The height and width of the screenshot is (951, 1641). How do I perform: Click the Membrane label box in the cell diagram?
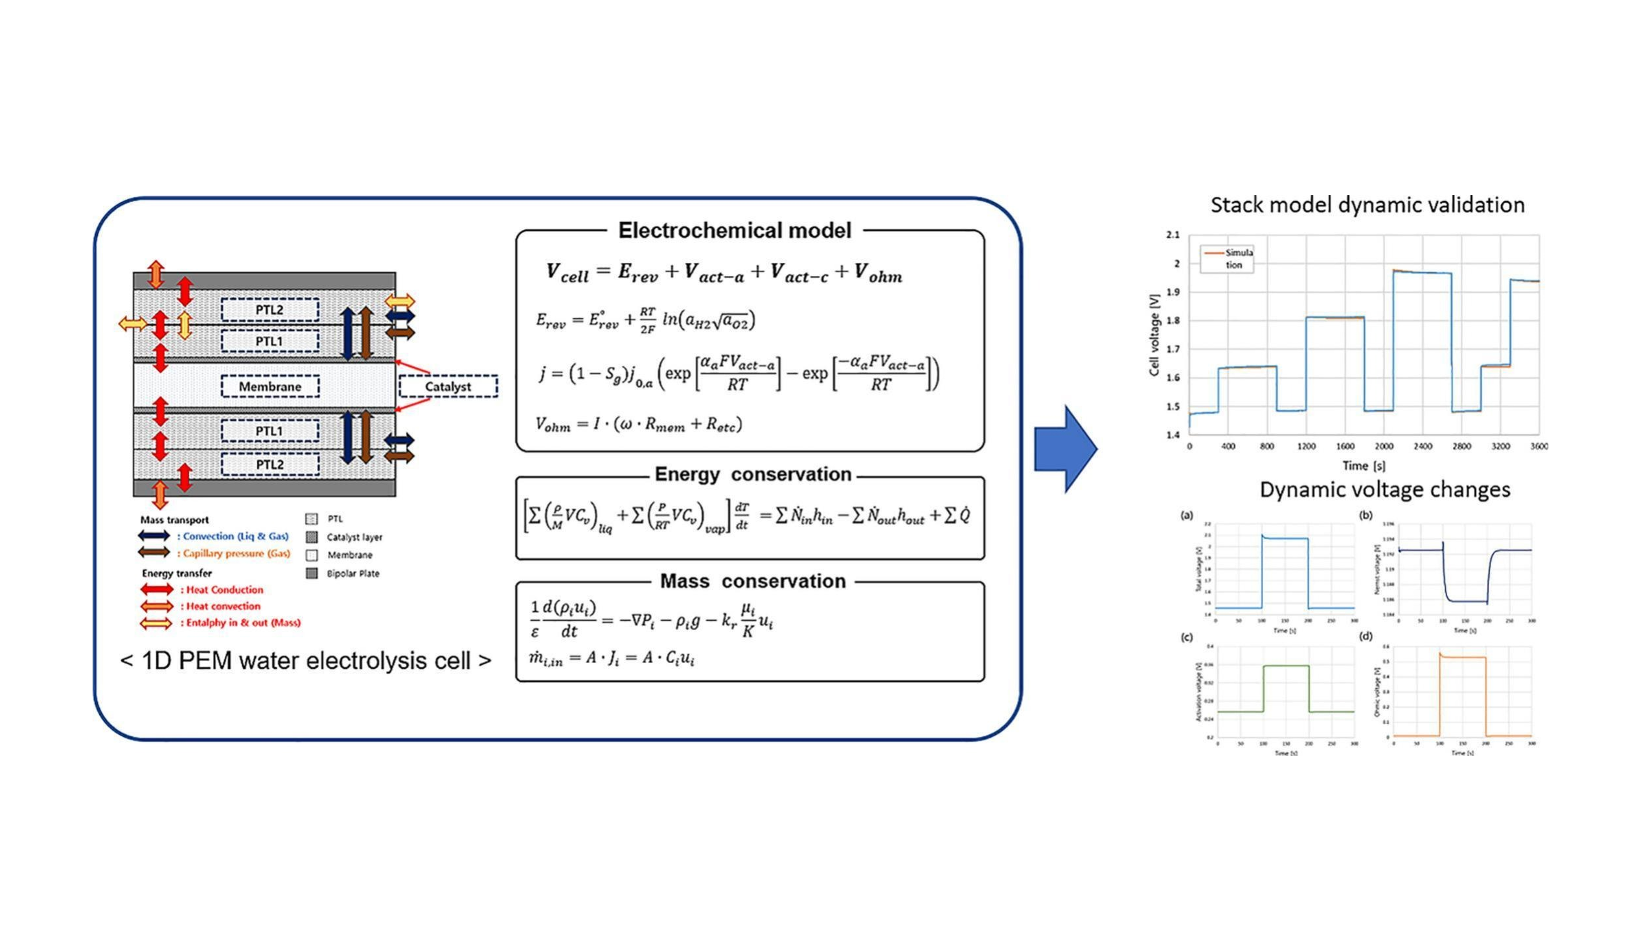[270, 386]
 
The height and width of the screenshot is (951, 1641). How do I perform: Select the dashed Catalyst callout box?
[448, 386]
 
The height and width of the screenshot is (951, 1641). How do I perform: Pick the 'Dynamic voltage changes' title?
[1384, 490]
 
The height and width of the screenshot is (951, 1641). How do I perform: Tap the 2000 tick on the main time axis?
[1384, 447]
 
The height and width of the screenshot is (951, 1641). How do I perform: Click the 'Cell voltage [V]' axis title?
[1155, 335]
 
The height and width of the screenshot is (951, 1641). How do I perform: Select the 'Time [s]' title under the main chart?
[1364, 466]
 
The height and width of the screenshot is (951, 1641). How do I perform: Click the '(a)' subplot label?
[1187, 515]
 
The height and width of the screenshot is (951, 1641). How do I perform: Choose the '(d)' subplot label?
[1366, 636]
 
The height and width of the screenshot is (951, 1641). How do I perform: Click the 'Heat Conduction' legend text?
[225, 590]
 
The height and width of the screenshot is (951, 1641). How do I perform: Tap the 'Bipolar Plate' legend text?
[352, 574]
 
